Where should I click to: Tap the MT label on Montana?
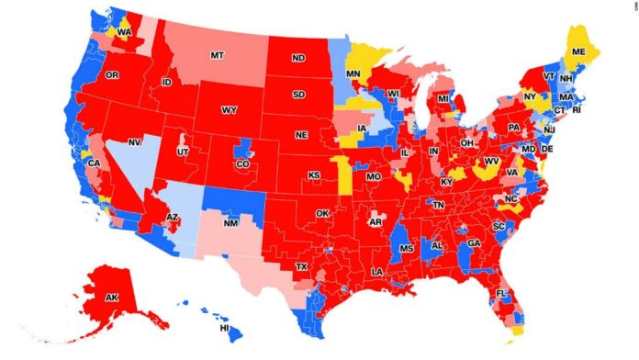coord(217,55)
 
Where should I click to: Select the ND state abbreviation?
coord(298,57)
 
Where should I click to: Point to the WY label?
coord(229,111)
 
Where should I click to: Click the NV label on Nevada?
coord(135,142)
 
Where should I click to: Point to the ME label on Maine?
coord(577,53)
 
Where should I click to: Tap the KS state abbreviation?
coord(314,174)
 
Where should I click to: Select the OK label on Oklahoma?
coord(321,213)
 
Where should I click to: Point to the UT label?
coord(184,151)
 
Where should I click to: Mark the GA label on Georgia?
coord(474,243)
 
